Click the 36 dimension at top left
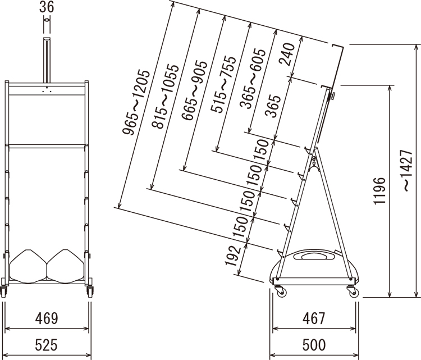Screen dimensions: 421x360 pyautogui.click(x=47, y=7)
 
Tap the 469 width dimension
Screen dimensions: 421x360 pyautogui.click(x=47, y=318)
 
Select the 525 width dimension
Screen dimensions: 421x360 pyautogui.click(x=47, y=345)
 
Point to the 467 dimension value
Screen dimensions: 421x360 pyautogui.click(x=314, y=318)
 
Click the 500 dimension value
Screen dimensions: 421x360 pyautogui.click(x=314, y=345)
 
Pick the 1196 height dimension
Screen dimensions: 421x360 pyautogui.click(x=379, y=191)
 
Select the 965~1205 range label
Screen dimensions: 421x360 pyautogui.click(x=136, y=102)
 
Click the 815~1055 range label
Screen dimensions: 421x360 pyautogui.click(x=165, y=97)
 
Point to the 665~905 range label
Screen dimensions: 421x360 pyautogui.click(x=194, y=90)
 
